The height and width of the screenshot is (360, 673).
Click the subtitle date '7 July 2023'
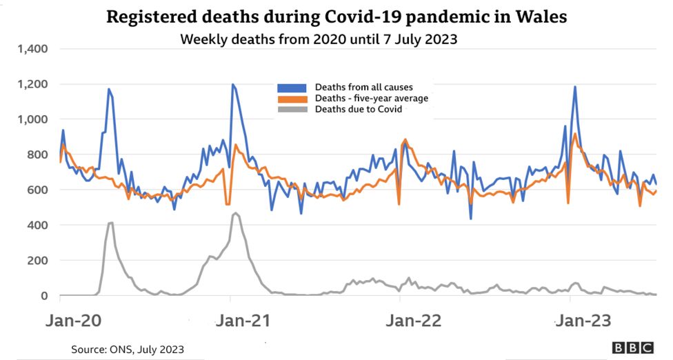423,39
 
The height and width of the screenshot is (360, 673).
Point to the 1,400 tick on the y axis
32,49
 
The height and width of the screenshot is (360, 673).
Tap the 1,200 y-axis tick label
32,84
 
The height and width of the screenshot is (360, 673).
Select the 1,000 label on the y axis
32,119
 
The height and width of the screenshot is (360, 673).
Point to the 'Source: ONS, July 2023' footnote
128,348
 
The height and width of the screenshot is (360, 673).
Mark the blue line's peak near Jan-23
574,87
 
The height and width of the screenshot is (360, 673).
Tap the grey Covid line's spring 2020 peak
111,223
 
